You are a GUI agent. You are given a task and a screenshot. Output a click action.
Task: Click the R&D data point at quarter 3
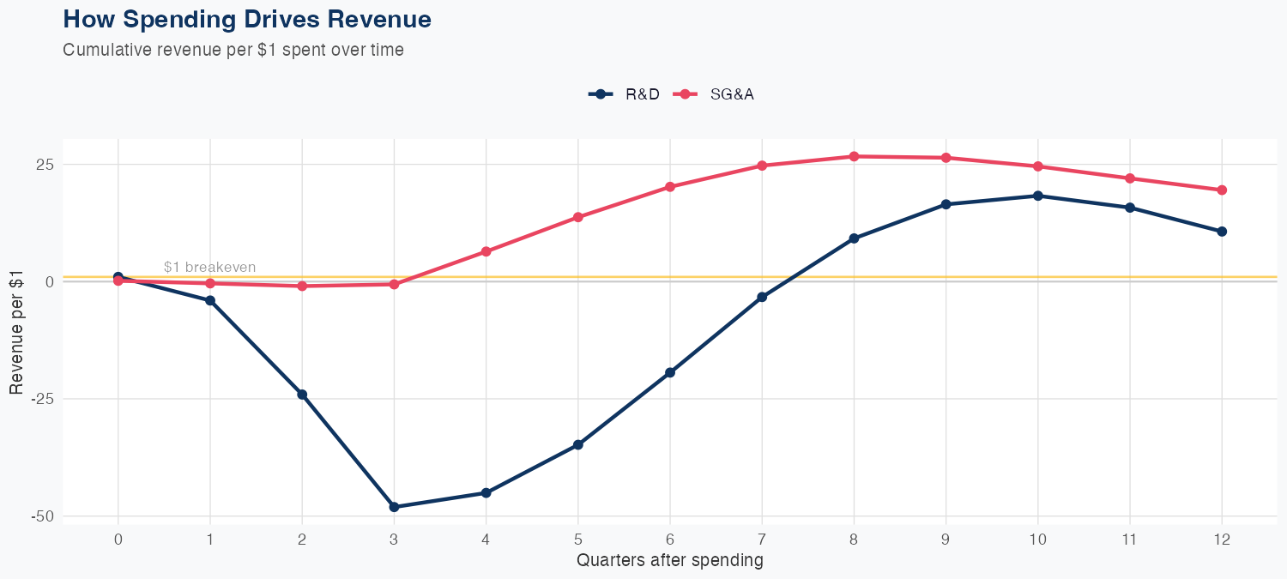(x=394, y=507)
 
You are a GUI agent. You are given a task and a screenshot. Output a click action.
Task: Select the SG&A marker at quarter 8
(x=854, y=156)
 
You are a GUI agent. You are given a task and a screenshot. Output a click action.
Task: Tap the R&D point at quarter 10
(x=1038, y=196)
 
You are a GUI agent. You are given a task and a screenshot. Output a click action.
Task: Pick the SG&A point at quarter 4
(x=486, y=251)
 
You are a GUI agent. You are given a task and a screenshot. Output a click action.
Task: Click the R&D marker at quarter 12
(x=1222, y=232)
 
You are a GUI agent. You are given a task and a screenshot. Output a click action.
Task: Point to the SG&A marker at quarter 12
(x=1222, y=190)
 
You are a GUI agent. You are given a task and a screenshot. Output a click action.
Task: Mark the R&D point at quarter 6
(x=670, y=372)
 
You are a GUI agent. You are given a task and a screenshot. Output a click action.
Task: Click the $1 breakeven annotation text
(x=209, y=268)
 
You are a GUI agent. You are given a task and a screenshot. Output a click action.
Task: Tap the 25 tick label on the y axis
(x=45, y=164)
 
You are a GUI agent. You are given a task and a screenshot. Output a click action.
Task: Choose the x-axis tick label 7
(x=762, y=540)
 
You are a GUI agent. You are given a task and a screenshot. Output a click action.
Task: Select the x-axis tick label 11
(x=1130, y=540)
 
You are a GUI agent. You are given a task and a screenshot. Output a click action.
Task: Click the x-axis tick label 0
(x=118, y=540)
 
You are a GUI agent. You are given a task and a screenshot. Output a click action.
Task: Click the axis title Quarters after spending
(x=669, y=561)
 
